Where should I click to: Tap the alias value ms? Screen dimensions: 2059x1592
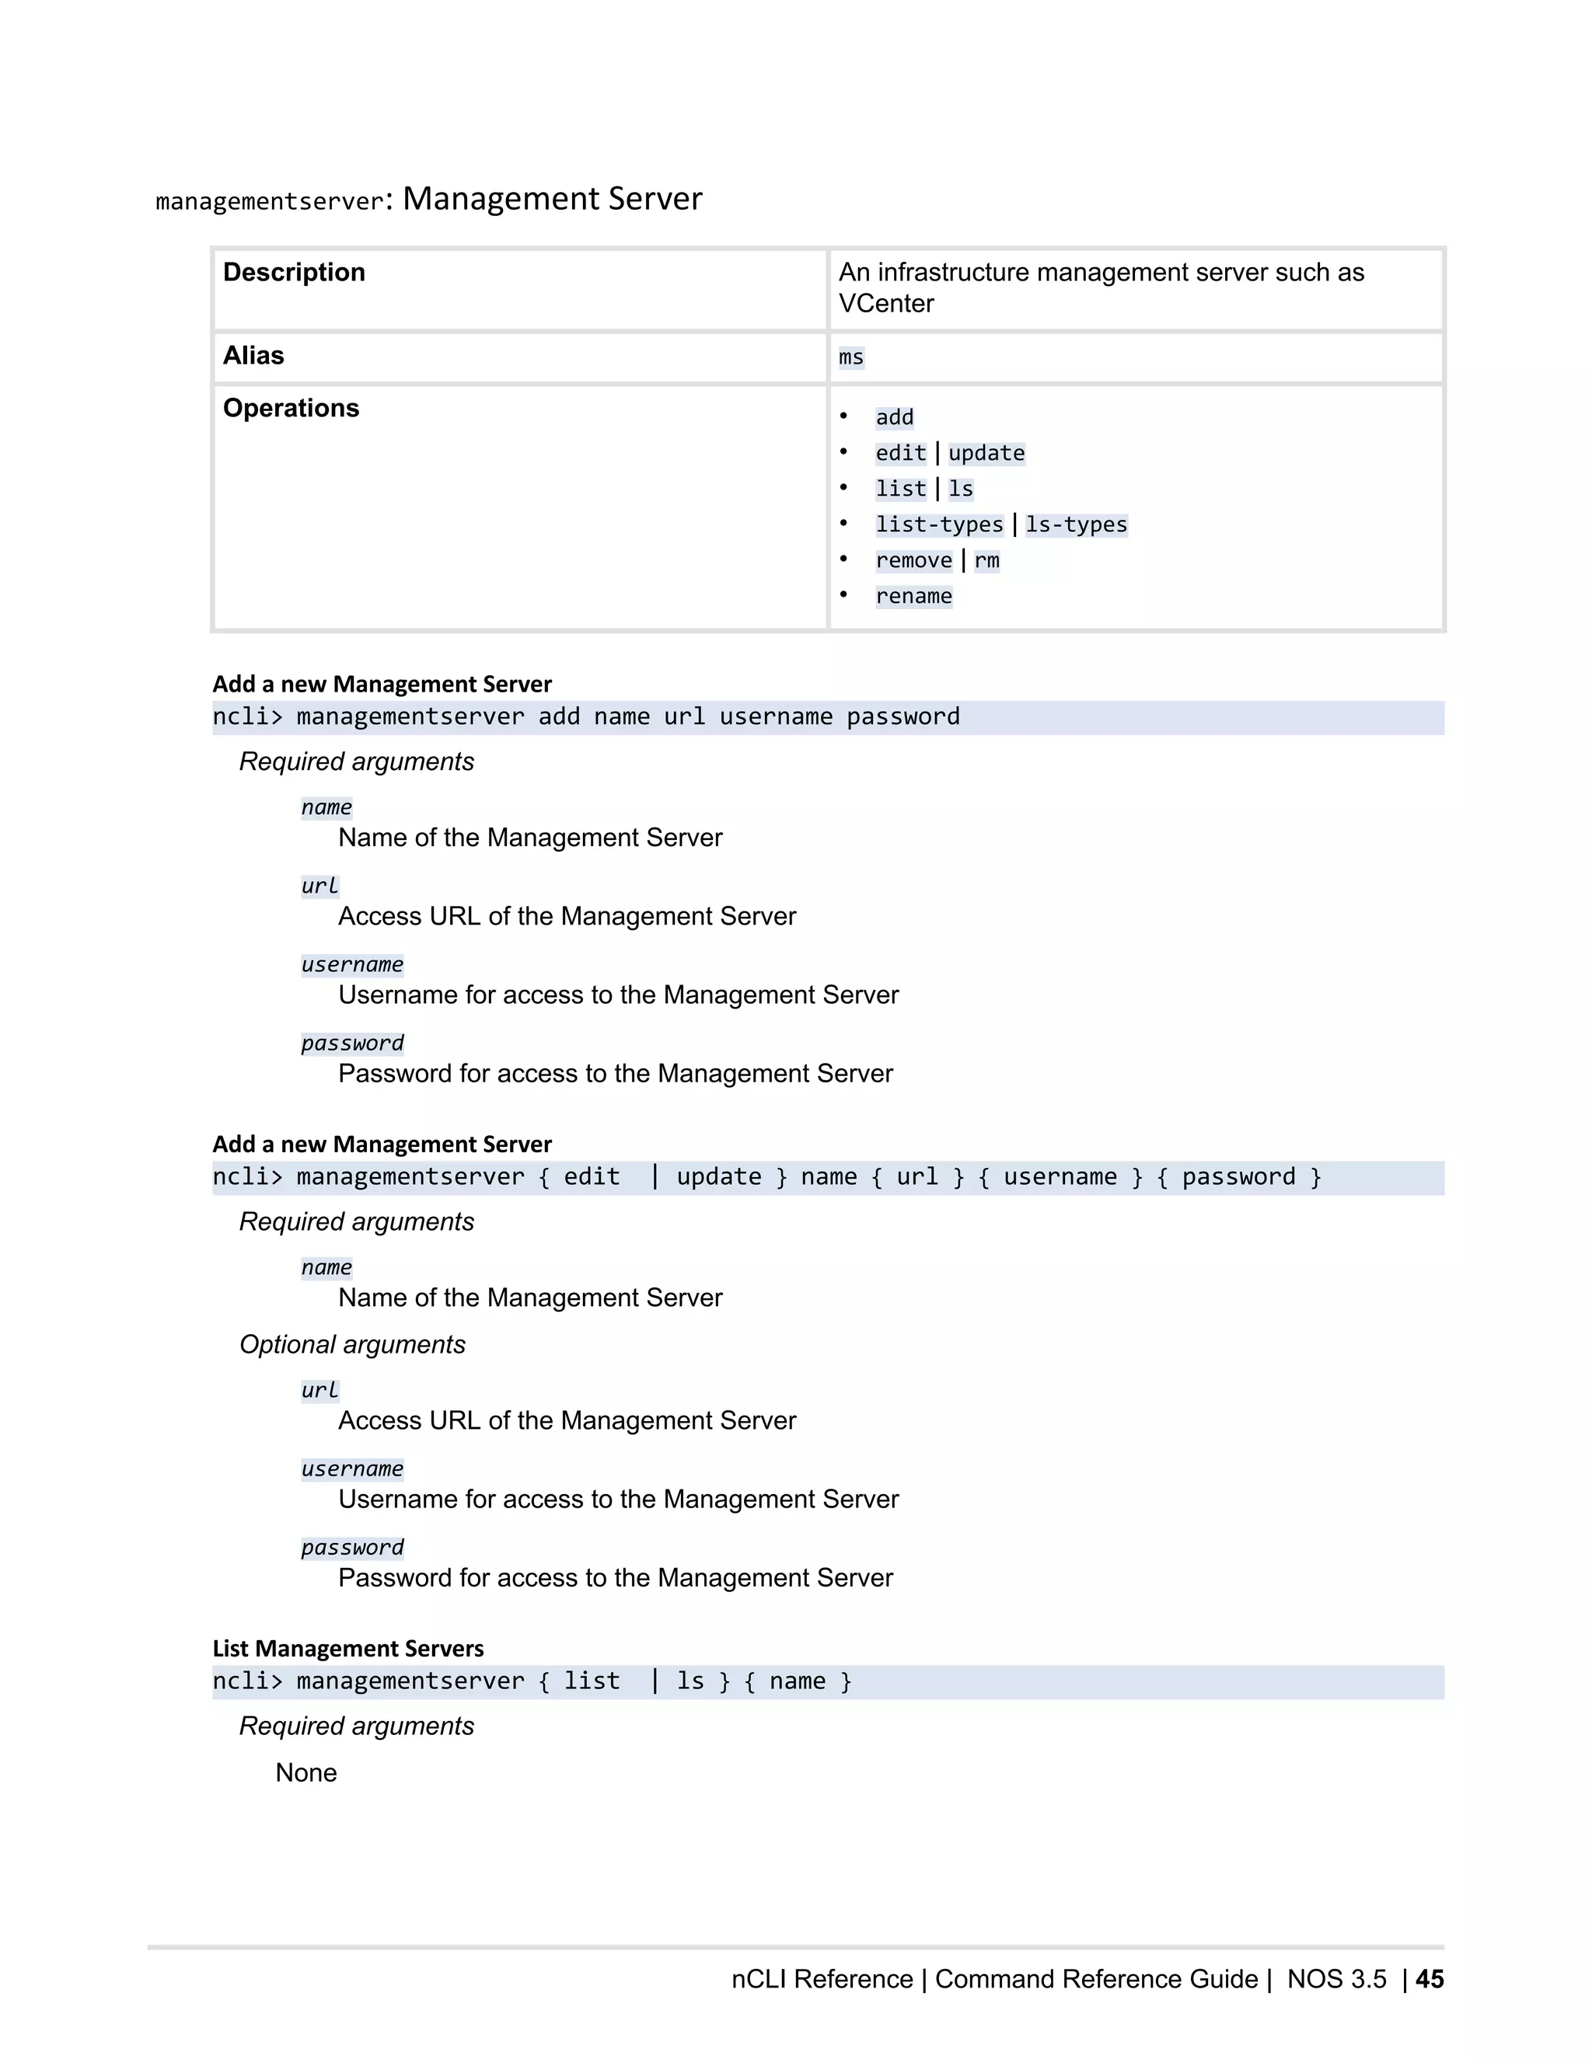pos(850,357)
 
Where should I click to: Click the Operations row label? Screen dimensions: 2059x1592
pos(291,408)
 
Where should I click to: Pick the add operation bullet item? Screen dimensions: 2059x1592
pos(894,418)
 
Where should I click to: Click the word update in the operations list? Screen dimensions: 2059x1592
pos(986,454)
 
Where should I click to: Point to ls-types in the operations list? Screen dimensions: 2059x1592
pos(1076,525)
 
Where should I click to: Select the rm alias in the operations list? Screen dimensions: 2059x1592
pos(986,561)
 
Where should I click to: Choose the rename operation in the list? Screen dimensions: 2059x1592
pos(913,597)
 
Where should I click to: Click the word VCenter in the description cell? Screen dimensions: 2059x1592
pos(885,304)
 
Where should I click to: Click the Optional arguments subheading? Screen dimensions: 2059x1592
pos(352,1344)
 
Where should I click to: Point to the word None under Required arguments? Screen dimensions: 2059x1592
pos(305,1772)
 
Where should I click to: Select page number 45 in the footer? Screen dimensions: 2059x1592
pos(1429,1979)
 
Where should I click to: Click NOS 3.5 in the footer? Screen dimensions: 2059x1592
pos(1336,1979)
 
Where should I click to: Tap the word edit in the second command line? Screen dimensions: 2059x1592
pos(592,1176)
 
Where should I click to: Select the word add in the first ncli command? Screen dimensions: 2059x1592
pos(558,716)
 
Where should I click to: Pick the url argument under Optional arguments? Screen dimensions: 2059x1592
pos(319,1390)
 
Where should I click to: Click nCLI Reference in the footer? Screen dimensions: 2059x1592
pos(822,1979)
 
